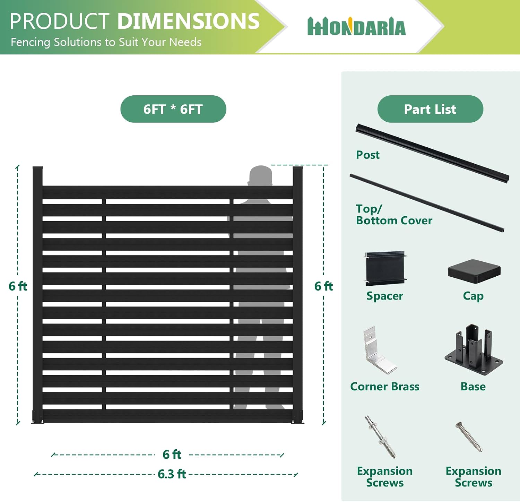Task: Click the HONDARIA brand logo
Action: [356, 27]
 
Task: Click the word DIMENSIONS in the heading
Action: [189, 21]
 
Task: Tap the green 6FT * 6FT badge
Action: [173, 109]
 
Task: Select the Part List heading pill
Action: [430, 109]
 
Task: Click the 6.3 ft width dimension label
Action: [172, 474]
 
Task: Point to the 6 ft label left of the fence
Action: [18, 286]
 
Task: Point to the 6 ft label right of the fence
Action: [323, 286]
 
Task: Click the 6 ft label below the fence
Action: [172, 454]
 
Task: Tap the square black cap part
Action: [474, 271]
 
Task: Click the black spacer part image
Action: [385, 269]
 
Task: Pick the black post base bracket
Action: [474, 349]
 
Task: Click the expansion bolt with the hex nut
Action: [380, 437]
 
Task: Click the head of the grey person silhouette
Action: [260, 175]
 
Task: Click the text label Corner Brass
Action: [385, 386]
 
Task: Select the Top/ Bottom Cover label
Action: [394, 215]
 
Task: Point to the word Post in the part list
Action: [368, 155]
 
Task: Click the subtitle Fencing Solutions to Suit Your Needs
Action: [106, 42]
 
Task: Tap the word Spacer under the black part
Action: [385, 296]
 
